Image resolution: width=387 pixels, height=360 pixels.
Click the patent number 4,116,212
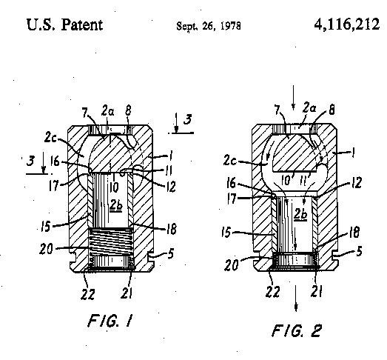(x=347, y=24)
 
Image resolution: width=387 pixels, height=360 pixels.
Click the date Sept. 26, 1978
(x=209, y=26)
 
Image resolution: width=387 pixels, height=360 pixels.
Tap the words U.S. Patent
(x=64, y=24)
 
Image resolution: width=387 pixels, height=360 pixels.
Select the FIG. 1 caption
(x=110, y=321)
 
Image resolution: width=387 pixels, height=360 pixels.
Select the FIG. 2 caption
(x=297, y=330)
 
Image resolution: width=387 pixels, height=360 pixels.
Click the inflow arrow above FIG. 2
(x=293, y=97)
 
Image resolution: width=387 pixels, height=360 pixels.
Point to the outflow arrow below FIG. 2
(x=296, y=299)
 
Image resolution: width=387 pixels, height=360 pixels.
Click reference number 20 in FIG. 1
(x=46, y=248)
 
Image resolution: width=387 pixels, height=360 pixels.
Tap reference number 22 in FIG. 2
(x=273, y=292)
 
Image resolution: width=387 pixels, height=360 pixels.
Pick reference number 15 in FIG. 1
(x=46, y=227)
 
